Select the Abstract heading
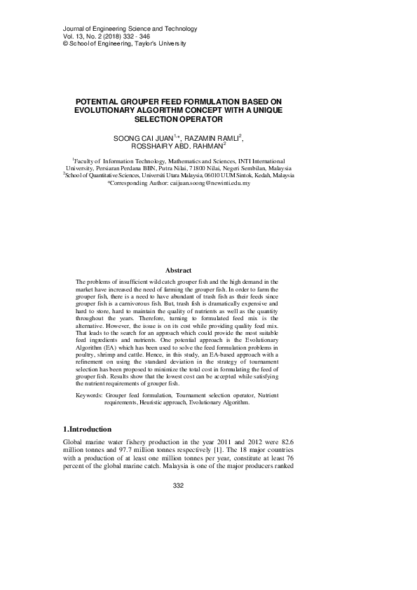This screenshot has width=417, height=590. coord(177,270)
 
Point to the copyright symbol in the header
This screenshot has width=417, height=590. coord(46,44)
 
